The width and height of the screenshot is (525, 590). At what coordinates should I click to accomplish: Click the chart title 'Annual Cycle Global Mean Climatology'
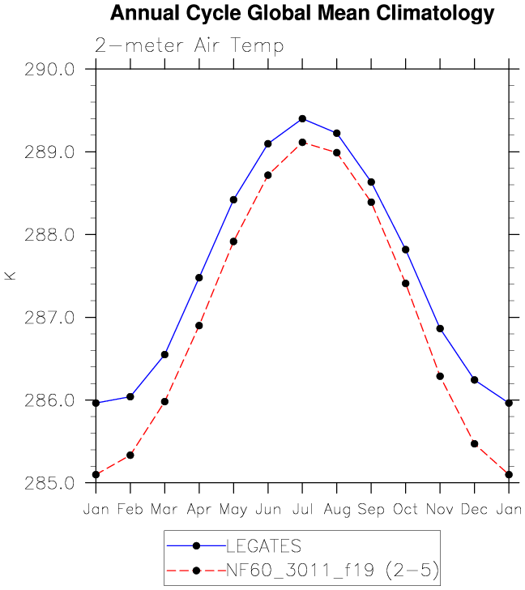coord(301,14)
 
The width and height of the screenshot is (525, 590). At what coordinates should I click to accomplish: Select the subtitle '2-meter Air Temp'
coord(190,45)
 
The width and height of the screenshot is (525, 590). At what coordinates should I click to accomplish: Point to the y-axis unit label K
coord(11,276)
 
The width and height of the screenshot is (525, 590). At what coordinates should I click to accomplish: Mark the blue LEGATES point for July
coord(302,118)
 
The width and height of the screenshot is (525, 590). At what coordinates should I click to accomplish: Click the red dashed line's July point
coord(302,143)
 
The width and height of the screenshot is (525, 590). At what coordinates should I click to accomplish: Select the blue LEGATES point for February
coord(130,396)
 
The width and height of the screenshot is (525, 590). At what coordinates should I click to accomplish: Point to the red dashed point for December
coord(475,444)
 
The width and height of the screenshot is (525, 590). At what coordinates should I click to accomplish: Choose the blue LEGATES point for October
coord(406,250)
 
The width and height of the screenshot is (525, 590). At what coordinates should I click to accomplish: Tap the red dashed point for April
coord(198,326)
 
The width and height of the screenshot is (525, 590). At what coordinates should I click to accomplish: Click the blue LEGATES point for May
coord(233,199)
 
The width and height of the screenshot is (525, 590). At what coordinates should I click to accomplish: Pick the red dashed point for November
coord(440,376)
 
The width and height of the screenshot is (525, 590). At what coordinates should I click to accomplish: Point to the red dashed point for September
coord(371,202)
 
